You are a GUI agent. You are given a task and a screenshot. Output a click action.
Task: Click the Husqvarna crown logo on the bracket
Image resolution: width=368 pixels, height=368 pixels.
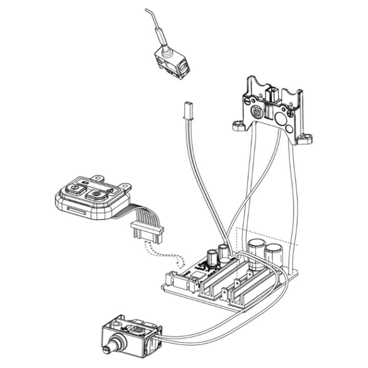tap(258, 112)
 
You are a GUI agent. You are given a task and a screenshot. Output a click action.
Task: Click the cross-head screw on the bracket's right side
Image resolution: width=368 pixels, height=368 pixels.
tap(291, 114)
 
